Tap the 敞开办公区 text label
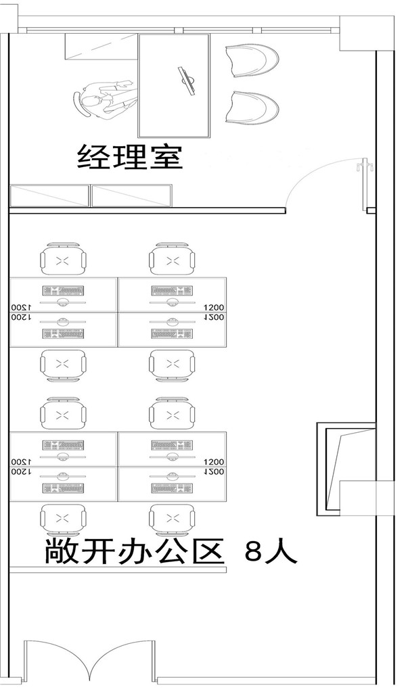[x=134, y=552]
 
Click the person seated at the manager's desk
[x=101, y=100]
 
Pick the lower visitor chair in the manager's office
[x=251, y=107]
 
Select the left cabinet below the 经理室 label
[x=49, y=195]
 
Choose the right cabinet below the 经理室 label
[x=133, y=195]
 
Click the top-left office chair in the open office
[x=63, y=260]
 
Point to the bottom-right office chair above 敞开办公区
[x=172, y=519]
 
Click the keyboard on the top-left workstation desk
[x=63, y=291]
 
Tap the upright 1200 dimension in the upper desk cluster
[x=213, y=306]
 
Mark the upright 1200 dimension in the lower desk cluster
[x=213, y=460]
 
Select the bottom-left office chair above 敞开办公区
[x=63, y=519]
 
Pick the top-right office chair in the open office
[x=172, y=260]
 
